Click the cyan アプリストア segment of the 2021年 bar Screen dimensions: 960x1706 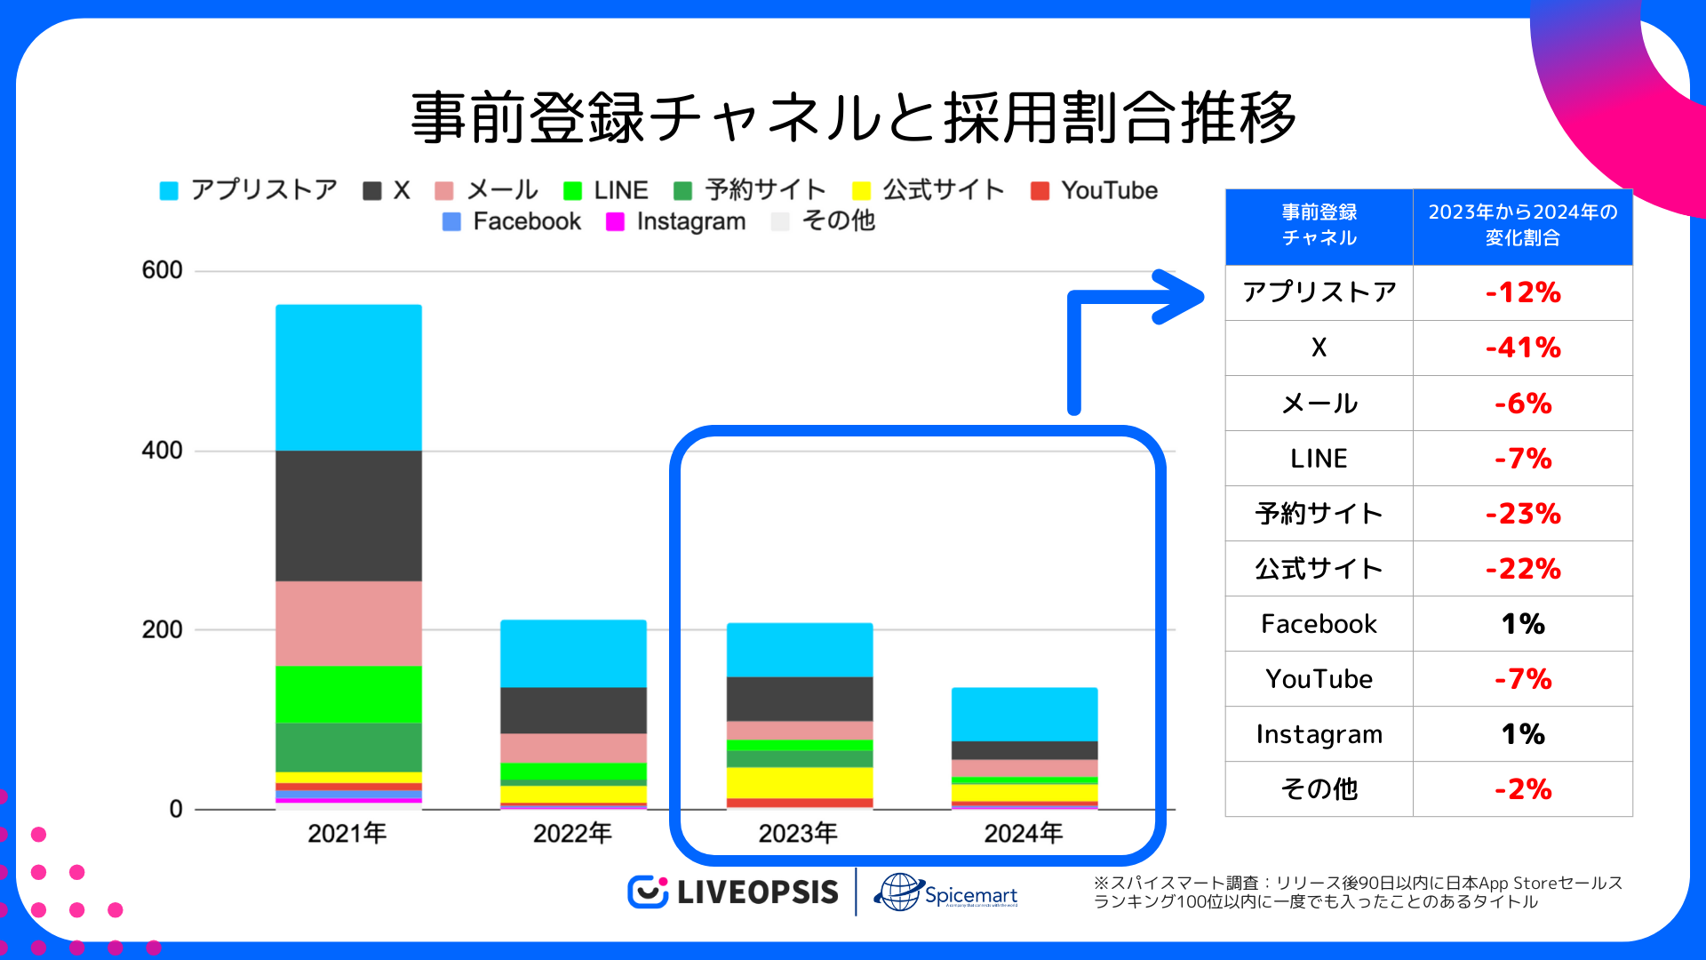(x=348, y=378)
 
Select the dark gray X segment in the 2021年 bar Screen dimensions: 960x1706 (x=348, y=516)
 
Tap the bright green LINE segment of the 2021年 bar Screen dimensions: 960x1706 (x=348, y=694)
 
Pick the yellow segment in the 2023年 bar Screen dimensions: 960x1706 (x=800, y=782)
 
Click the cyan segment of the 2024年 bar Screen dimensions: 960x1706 (x=1024, y=714)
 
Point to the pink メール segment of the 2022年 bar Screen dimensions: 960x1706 (x=573, y=748)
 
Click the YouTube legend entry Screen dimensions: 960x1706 (x=1095, y=190)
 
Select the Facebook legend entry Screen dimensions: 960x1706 (x=512, y=221)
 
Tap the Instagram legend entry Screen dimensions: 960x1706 (x=676, y=221)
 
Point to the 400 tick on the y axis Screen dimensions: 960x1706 (x=162, y=451)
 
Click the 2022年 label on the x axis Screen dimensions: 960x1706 (x=573, y=833)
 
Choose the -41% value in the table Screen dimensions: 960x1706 (x=1523, y=348)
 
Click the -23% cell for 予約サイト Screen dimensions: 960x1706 (x=1523, y=514)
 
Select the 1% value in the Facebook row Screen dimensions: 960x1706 (x=1523, y=624)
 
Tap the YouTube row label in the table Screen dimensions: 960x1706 (x=1319, y=679)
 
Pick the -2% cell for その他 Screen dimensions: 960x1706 (x=1523, y=789)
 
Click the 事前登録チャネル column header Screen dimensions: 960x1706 (x=1319, y=226)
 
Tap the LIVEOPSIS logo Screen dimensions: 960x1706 (x=734, y=892)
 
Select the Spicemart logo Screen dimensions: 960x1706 (x=946, y=892)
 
